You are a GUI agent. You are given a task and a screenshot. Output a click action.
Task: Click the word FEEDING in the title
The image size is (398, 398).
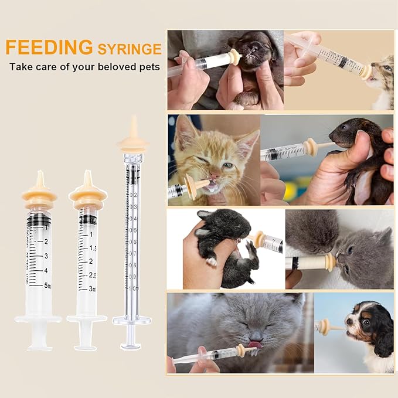coord(49,47)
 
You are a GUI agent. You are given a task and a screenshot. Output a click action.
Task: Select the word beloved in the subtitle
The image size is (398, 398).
coord(114,66)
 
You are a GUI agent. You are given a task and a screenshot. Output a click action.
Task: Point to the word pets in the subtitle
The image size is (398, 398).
coord(149,66)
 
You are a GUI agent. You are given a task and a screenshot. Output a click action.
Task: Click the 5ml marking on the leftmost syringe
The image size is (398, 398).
coord(47,287)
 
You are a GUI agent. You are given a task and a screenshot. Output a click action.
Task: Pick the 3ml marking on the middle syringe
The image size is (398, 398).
coord(93,289)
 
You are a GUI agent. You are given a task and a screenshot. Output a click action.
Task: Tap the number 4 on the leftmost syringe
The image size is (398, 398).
coord(46,271)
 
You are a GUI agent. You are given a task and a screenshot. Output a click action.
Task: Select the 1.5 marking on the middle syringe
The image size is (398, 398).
coord(93,247)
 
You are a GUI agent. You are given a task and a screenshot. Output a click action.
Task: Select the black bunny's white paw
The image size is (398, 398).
coord(211,261)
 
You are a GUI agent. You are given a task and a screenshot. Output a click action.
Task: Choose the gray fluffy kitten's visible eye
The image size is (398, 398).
coord(351,249)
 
